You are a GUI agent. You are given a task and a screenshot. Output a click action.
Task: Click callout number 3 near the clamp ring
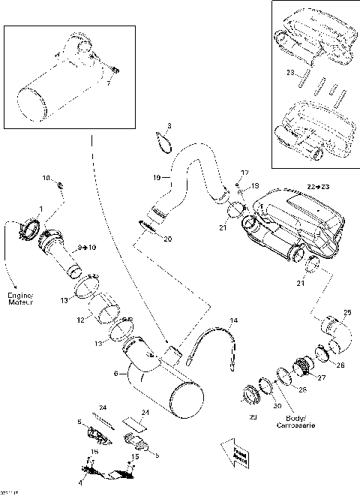[x=169, y=125]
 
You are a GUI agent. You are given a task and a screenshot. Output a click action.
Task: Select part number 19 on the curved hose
[x=157, y=178]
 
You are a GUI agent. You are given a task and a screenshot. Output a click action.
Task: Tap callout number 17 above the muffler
[x=244, y=173]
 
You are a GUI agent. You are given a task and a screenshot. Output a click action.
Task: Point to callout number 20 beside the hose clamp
[x=167, y=239]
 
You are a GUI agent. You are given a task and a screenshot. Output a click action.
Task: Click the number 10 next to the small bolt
[x=46, y=179]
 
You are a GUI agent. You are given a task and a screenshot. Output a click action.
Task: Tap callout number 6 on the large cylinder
[x=114, y=373]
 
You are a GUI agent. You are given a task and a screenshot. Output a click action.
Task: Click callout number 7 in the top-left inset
[x=107, y=84]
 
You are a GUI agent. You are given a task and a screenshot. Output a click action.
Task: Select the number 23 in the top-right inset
[x=290, y=73]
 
